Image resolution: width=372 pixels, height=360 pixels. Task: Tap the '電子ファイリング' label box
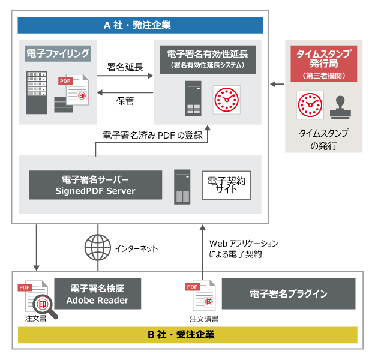pyautogui.click(x=58, y=53)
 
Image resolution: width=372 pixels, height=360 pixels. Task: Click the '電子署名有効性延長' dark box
pyautogui.click(x=208, y=58)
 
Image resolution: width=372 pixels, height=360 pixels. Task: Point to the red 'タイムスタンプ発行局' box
pyautogui.click(x=323, y=64)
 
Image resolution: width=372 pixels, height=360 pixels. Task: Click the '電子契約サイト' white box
pyautogui.click(x=226, y=185)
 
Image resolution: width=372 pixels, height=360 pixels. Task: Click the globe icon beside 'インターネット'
pyautogui.click(x=98, y=245)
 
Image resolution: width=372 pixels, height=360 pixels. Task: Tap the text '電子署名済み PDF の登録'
pyautogui.click(x=154, y=135)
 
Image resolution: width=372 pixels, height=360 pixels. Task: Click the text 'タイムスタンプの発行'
pyautogui.click(x=323, y=139)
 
